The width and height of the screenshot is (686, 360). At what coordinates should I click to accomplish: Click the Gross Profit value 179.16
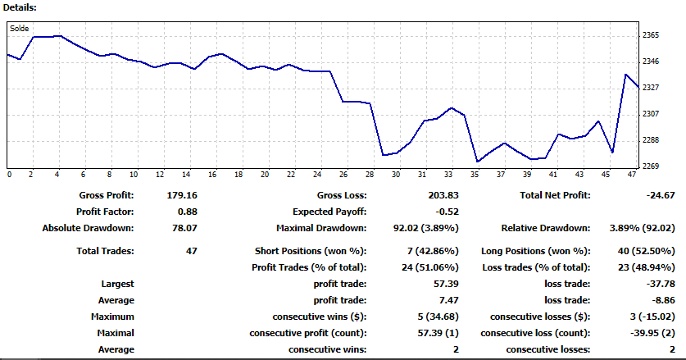point(182,195)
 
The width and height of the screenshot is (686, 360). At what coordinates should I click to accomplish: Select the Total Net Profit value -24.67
point(661,195)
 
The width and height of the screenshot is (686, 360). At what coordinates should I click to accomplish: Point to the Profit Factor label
point(105,212)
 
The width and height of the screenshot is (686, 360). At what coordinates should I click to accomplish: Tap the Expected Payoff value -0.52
point(447,212)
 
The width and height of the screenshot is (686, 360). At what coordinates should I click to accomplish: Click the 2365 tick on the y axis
point(651,35)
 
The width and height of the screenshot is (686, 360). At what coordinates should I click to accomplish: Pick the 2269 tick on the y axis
point(651,166)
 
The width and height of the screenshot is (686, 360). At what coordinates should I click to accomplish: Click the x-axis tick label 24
point(317,175)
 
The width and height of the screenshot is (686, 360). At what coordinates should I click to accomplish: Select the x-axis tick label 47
point(631,175)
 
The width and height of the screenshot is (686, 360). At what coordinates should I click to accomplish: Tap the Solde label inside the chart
point(19,29)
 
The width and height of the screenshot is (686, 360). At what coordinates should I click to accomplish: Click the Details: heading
point(20,7)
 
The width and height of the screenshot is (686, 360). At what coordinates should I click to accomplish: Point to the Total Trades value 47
point(191,252)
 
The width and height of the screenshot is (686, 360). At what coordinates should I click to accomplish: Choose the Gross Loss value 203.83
point(443,195)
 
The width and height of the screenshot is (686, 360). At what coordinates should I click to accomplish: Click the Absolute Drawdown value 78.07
point(184,228)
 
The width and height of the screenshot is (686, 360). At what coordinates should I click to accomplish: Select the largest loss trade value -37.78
point(661,284)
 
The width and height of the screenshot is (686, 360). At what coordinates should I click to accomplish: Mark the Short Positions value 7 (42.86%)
point(433,252)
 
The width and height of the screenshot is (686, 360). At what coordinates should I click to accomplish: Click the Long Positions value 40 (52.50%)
point(646,252)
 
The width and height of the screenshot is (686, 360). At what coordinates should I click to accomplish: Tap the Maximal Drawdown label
point(321,228)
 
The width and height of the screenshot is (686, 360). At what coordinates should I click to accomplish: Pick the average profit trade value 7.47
point(449,300)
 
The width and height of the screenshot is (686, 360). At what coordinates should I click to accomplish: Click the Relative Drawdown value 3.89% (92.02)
point(643,228)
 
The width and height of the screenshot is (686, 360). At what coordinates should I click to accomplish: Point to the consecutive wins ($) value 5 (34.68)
point(438,317)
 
